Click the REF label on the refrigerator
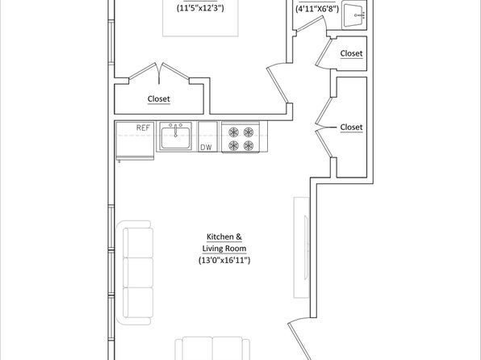(143, 128)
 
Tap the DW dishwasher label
(206, 148)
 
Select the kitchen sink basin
(175, 138)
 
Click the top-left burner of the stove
(234, 132)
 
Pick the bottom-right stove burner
(249, 145)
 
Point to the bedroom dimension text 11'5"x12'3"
(200, 8)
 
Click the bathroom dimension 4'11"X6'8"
(317, 9)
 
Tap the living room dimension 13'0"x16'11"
(224, 260)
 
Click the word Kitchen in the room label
(220, 237)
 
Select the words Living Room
(224, 249)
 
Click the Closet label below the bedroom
(159, 98)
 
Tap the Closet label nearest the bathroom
(351, 53)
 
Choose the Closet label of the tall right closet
(351, 127)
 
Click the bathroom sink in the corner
(354, 15)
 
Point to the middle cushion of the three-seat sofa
(138, 273)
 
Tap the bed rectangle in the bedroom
(200, 19)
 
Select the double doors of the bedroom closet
(159, 73)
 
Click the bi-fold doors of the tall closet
(324, 128)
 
